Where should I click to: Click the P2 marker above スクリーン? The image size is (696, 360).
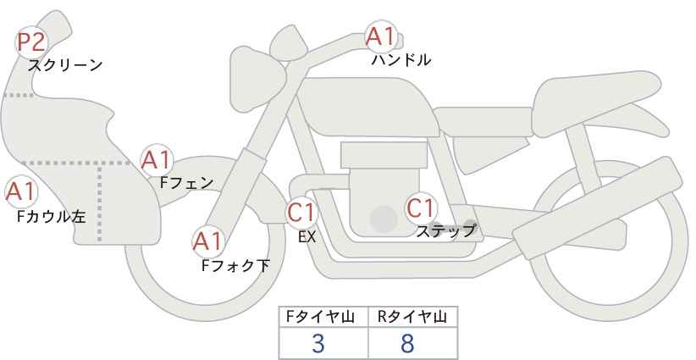31,42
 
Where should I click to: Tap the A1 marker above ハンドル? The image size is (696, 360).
380,36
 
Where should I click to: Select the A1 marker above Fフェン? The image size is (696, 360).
156,160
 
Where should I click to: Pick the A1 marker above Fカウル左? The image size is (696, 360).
20,192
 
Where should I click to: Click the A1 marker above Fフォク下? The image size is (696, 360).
207,242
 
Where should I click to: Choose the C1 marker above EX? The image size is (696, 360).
301,212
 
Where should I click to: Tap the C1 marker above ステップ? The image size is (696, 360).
420,208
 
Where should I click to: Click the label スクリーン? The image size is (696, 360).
65,65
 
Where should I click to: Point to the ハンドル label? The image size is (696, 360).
401,59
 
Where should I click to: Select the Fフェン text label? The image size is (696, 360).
186,183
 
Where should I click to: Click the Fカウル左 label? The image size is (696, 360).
52,217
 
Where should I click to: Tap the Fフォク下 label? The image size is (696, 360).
235,265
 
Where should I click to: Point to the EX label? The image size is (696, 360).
307,237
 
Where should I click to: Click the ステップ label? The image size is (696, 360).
445,231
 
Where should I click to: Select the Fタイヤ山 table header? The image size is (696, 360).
320,317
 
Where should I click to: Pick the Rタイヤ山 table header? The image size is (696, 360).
412,317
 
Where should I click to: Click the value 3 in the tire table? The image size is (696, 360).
318,343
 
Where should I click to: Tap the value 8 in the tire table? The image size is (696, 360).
406,343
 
